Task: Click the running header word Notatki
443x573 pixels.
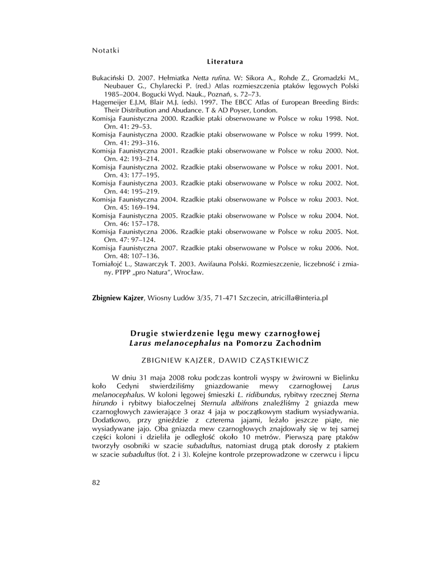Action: coord(105,50)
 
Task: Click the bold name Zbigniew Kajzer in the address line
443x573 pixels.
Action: coord(118,298)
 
